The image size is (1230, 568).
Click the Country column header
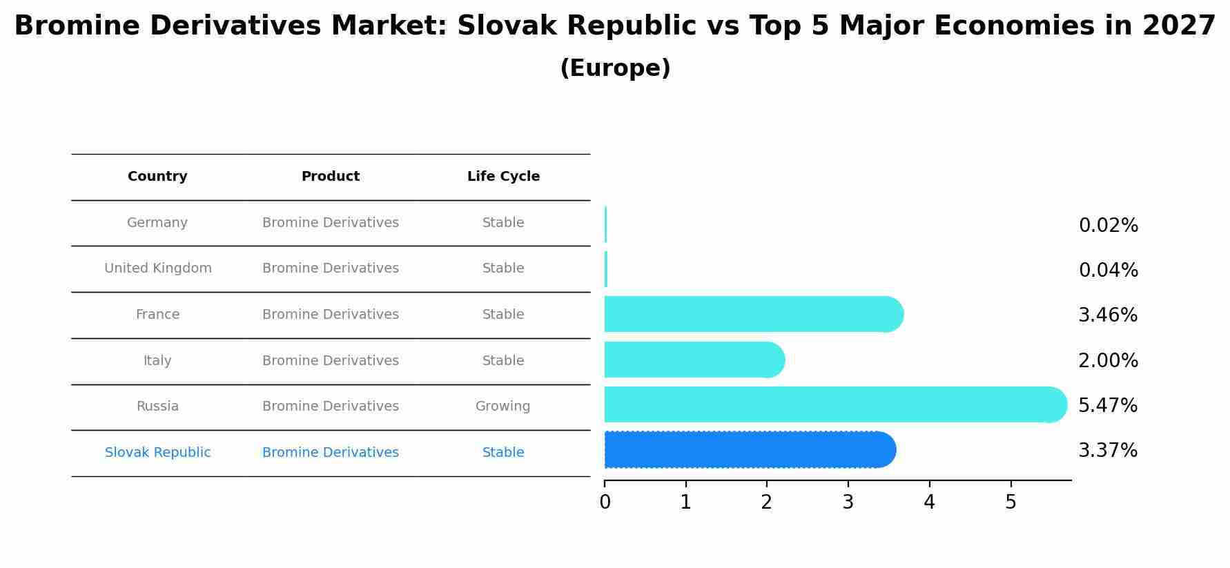[157, 177]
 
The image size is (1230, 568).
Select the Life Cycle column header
[503, 177]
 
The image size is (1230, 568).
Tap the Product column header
[330, 177]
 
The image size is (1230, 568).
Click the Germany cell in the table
[157, 223]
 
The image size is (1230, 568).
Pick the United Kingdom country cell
[158, 268]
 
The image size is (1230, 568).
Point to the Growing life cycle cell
[502, 407]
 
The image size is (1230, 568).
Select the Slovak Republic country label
[157, 453]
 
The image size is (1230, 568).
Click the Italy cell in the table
[157, 361]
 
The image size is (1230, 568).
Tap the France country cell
[157, 315]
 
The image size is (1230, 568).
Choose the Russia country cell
[157, 407]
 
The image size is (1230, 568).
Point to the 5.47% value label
[1108, 406]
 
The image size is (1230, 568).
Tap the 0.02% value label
[1108, 226]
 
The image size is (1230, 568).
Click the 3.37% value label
[1108, 451]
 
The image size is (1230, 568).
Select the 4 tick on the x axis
[929, 502]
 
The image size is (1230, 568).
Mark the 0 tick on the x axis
[605, 502]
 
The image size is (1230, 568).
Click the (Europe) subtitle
[615, 68]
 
